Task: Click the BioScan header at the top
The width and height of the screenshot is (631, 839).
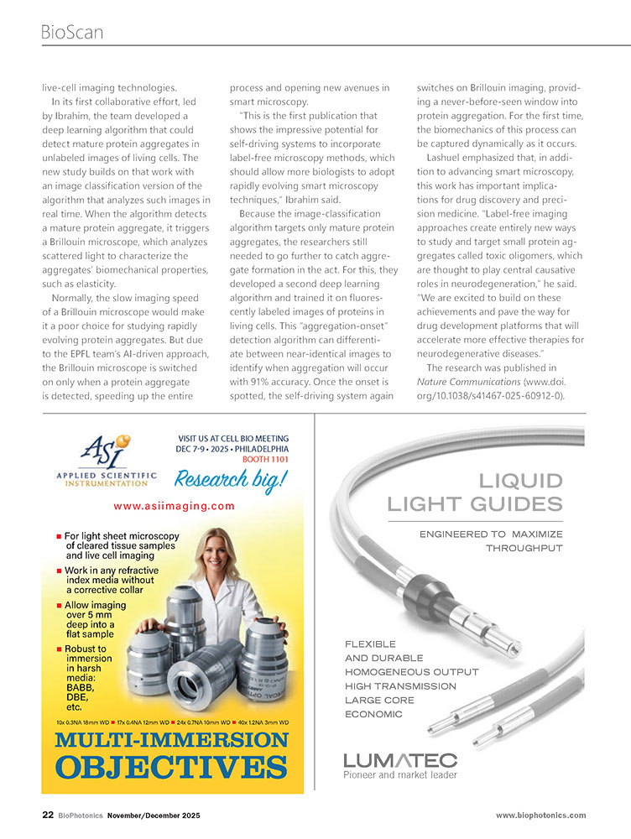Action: tap(71, 32)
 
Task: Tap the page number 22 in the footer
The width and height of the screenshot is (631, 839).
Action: tap(49, 816)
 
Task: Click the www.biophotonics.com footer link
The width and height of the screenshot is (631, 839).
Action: tap(540, 816)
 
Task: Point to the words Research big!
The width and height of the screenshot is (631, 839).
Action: tap(230, 479)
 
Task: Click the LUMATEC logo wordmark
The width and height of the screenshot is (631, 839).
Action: tap(400, 760)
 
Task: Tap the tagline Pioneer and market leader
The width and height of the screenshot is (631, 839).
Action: tap(400, 775)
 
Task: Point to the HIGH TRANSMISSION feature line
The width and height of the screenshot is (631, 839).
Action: tap(399, 686)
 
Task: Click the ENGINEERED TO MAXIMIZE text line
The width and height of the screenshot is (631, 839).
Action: tap(491, 534)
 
